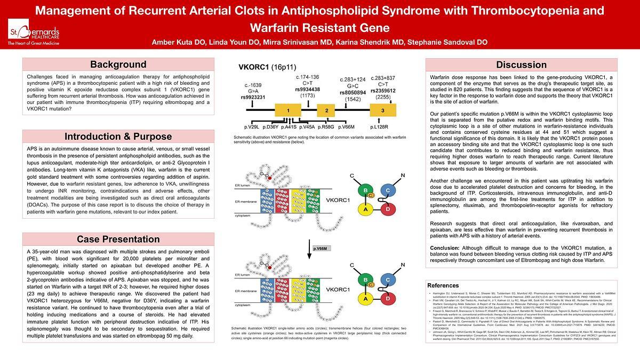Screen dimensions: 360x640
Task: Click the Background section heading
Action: coord(118,65)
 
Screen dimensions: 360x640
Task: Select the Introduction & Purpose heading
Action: coord(118,137)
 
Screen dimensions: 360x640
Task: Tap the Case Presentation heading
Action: coord(118,239)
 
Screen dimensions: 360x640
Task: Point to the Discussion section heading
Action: coord(521,65)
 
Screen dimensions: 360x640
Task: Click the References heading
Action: coord(443,285)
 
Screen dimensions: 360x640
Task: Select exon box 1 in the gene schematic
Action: coord(287,110)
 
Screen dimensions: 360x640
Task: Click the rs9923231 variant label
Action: coord(253,97)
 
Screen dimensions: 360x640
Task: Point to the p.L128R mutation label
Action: coord(380,127)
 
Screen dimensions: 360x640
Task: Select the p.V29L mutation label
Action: coord(252,127)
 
